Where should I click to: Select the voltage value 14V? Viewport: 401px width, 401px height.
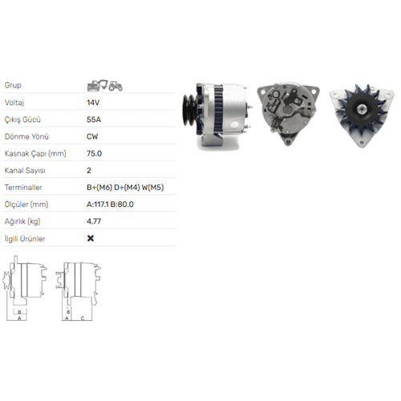[x=93, y=103]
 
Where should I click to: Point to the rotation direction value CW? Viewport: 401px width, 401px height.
[x=93, y=136]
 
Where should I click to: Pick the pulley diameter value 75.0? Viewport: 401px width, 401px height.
[x=94, y=152]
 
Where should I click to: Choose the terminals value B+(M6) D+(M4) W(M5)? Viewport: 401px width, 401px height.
[x=126, y=187]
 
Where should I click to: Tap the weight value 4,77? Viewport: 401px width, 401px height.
[x=94, y=221]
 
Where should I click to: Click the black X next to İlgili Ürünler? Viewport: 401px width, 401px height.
[x=90, y=238]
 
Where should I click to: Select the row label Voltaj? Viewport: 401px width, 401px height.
[x=14, y=103]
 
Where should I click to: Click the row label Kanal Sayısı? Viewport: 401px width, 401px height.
[x=24, y=170]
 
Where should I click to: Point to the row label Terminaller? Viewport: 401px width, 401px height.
[x=22, y=187]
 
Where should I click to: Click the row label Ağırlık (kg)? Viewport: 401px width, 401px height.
[x=22, y=221]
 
